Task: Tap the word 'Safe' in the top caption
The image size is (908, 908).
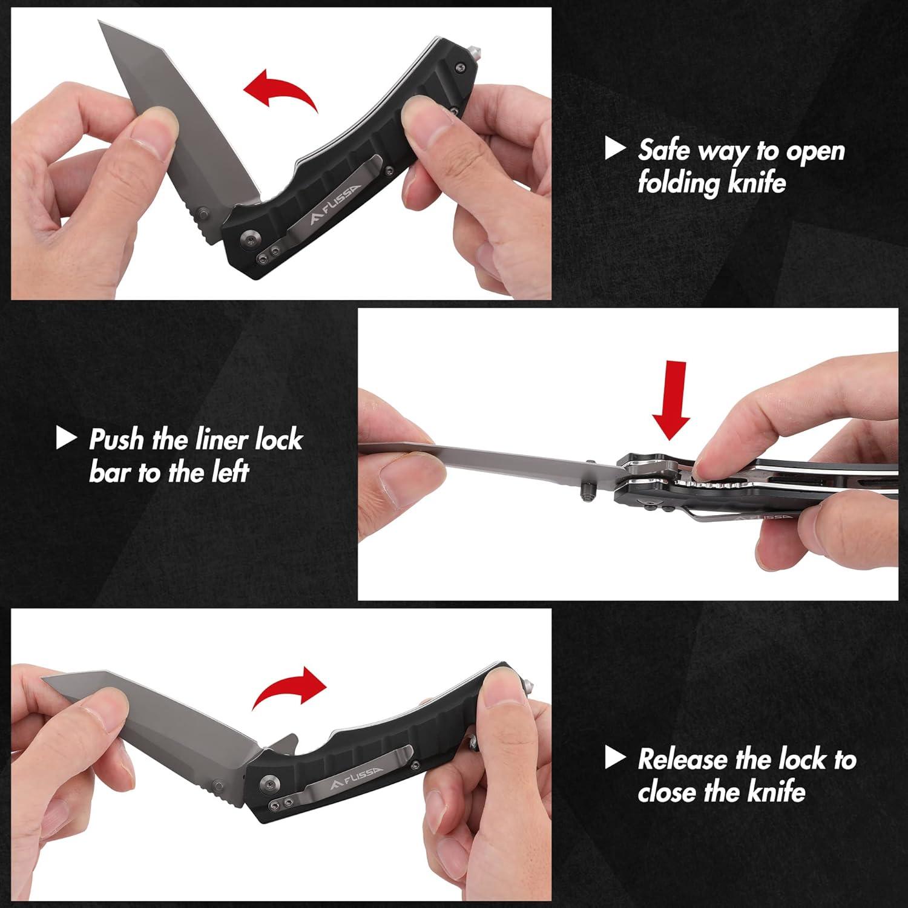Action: [x=663, y=150]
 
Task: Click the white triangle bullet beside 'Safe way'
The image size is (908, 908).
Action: [x=615, y=148]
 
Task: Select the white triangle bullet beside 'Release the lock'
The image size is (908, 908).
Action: [x=615, y=757]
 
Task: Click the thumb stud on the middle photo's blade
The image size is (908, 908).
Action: [x=587, y=492]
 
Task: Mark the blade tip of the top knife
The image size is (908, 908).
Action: [x=100, y=23]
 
